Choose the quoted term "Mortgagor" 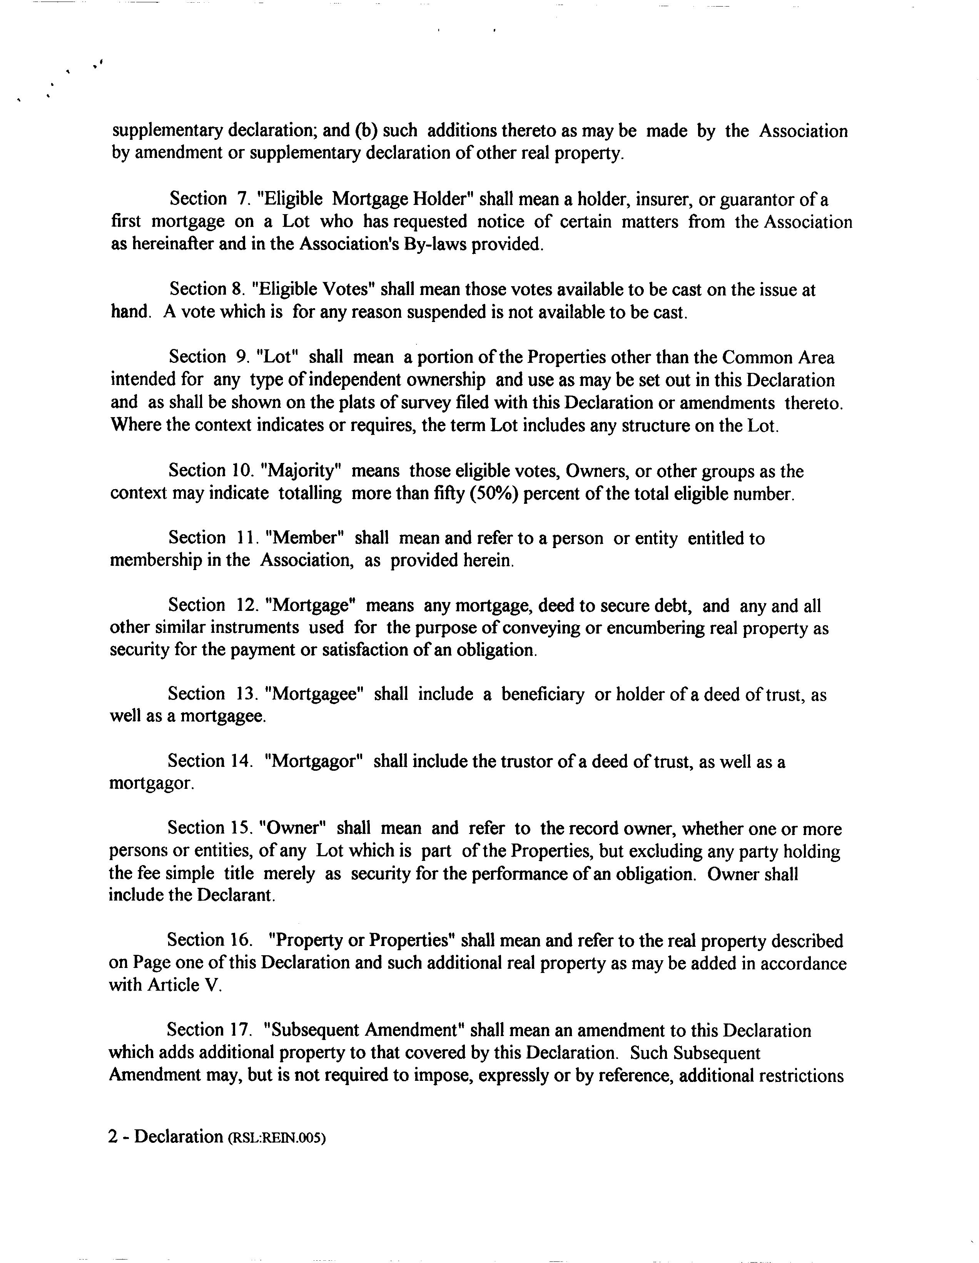[313, 761]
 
